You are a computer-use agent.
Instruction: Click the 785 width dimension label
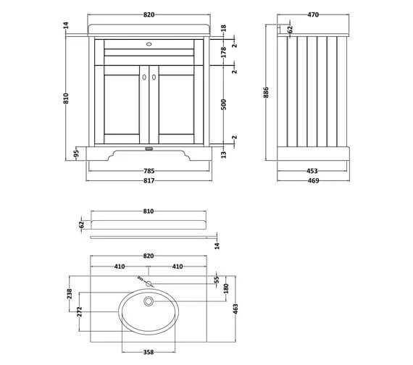[x=149, y=171]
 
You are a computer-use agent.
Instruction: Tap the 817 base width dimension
[x=149, y=180]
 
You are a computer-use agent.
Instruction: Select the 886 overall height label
[x=266, y=93]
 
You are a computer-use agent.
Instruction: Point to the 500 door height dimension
[x=224, y=104]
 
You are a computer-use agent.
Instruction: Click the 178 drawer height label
[x=224, y=52]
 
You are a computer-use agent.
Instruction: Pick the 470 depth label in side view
[x=313, y=14]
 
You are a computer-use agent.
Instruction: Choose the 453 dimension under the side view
[x=312, y=171]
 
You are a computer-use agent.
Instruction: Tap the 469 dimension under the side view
[x=313, y=180]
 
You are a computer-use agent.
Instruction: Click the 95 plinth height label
[x=76, y=154]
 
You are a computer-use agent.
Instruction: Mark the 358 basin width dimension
[x=149, y=352]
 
